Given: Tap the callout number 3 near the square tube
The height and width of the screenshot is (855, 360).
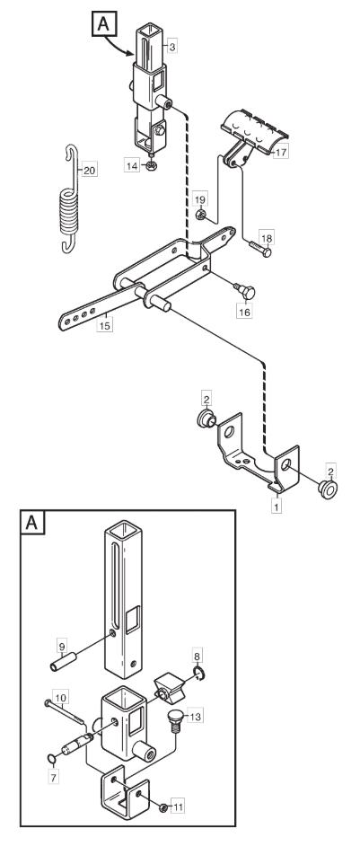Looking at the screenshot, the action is click(x=171, y=48).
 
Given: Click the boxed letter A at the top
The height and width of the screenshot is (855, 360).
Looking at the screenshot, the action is click(x=102, y=24).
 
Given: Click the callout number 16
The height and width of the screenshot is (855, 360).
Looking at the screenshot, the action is click(x=244, y=312).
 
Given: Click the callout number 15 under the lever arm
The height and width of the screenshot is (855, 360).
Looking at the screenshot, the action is click(x=104, y=325).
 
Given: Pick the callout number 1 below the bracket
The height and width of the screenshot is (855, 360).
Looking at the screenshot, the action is click(x=277, y=507).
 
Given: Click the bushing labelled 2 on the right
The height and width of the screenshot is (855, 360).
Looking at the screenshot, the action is click(x=329, y=489).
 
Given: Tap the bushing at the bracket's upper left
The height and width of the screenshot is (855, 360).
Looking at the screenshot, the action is click(x=206, y=420).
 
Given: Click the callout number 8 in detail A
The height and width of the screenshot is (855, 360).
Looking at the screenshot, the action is click(x=198, y=654).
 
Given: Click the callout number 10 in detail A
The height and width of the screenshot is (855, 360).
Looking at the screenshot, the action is click(x=60, y=696).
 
